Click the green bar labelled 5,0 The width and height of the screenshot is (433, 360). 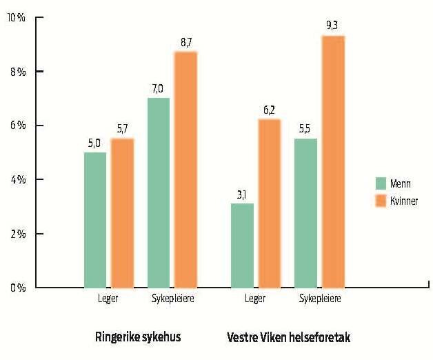coord(95,219)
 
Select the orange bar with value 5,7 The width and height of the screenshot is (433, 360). coord(122,212)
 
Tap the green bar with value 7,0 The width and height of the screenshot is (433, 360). coord(159,192)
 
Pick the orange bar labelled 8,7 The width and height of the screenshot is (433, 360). coord(185,169)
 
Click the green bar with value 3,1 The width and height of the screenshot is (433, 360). coord(242,245)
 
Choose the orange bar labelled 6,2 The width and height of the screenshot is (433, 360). coord(269,203)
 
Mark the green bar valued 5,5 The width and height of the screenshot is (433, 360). coord(305,212)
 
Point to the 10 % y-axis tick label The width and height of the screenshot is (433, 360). coord(16,17)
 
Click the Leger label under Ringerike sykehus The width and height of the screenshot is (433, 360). coord(108,299)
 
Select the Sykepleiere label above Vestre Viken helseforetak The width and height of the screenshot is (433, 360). coord(319,299)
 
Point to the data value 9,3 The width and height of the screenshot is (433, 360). coord(332,26)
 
